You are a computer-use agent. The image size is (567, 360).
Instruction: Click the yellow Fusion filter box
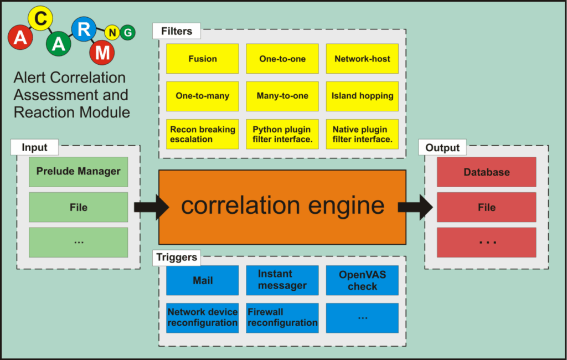[202, 59]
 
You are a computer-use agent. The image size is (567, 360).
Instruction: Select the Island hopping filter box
[362, 96]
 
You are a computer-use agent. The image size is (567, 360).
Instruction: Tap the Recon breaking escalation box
[202, 134]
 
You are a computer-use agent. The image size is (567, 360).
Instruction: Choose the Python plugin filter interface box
[282, 134]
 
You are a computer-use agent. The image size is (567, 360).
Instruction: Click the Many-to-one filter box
[282, 96]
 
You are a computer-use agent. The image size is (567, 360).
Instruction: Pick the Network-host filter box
[362, 59]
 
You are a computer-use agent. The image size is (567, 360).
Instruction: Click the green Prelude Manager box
[78, 172]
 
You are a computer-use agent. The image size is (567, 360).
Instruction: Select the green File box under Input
[78, 207]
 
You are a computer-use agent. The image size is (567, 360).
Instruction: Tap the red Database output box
[486, 172]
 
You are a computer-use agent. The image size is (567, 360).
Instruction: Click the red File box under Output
[486, 207]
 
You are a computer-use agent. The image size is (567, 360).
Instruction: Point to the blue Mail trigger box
[202, 280]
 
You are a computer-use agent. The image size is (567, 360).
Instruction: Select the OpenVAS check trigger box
[362, 280]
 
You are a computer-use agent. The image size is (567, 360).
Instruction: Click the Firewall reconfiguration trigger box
[282, 318]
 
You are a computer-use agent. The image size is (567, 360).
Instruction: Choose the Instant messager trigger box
[282, 280]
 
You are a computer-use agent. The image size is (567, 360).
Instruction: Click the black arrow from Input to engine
[151, 207]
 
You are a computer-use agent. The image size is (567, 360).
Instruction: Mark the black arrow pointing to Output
[415, 207]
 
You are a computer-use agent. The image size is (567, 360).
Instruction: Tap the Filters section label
[176, 31]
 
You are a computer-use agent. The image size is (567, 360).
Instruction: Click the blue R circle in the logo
[84, 29]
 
